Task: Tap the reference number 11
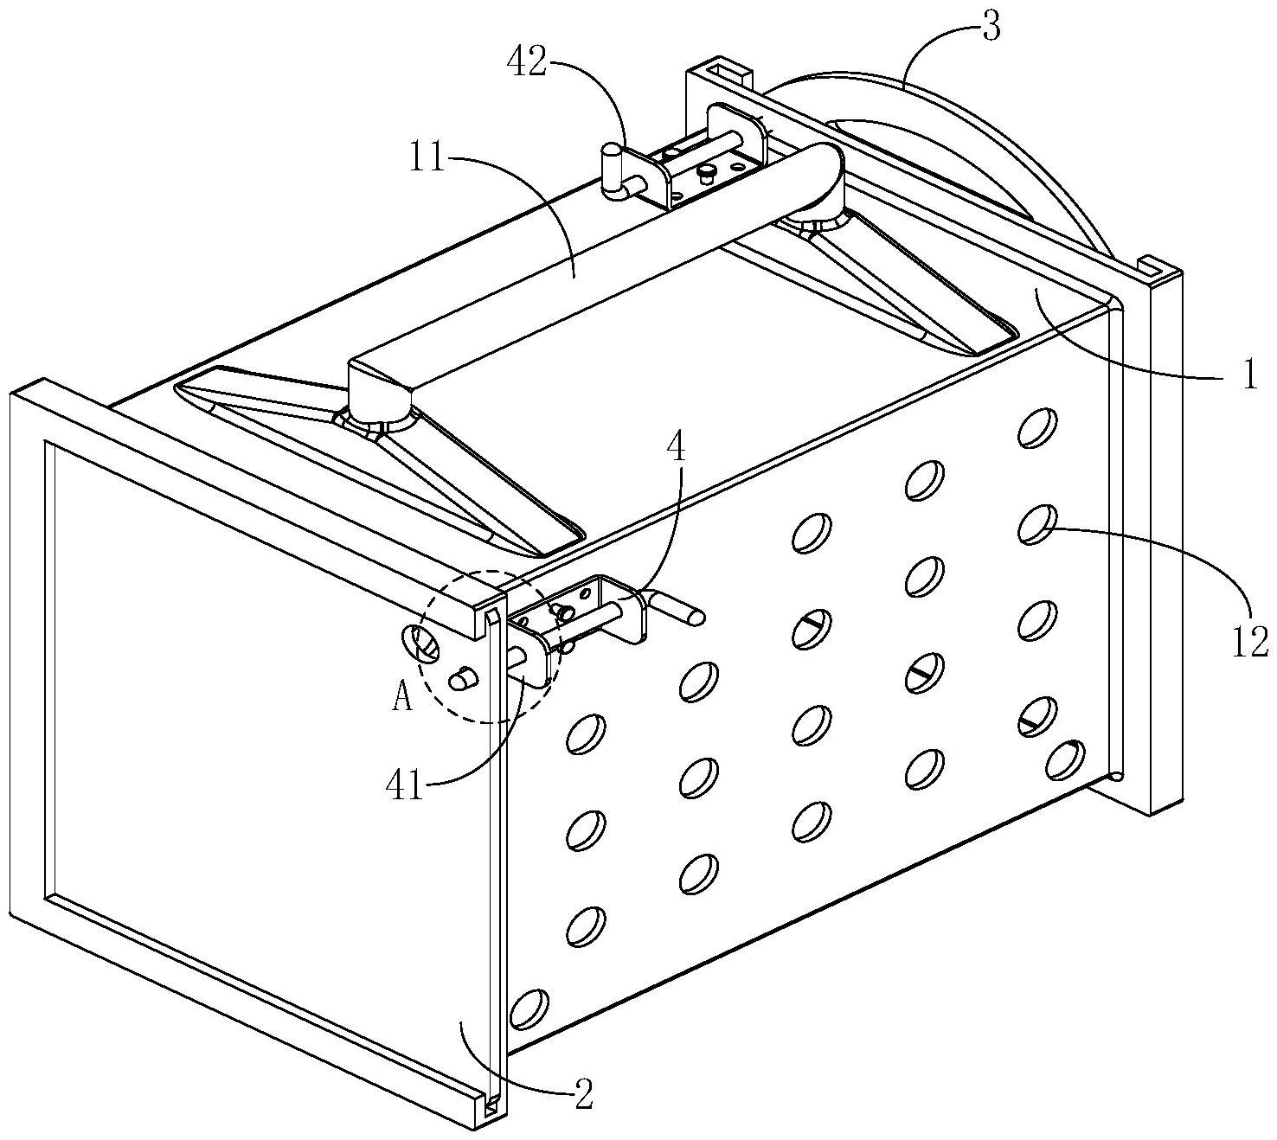(x=428, y=159)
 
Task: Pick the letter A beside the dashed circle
(x=402, y=698)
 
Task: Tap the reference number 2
(x=582, y=1095)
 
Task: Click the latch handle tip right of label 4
(x=696, y=617)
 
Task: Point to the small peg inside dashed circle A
(x=465, y=679)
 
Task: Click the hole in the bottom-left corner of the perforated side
(x=529, y=1009)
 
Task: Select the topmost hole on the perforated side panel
(x=1036, y=427)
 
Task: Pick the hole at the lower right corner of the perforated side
(x=1065, y=760)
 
